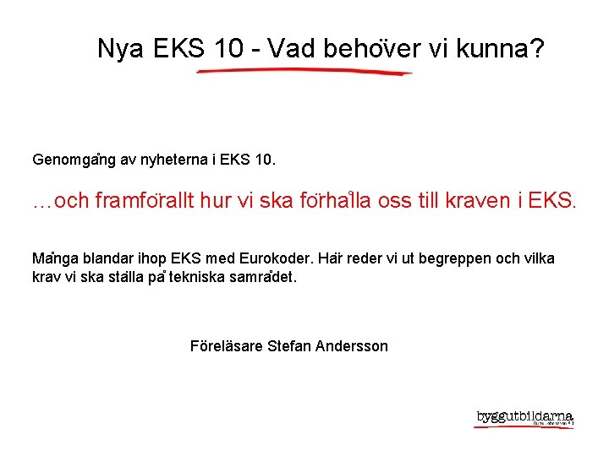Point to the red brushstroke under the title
(x=304, y=73)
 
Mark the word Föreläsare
(x=226, y=346)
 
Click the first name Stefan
(x=288, y=346)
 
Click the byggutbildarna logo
(x=524, y=419)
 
